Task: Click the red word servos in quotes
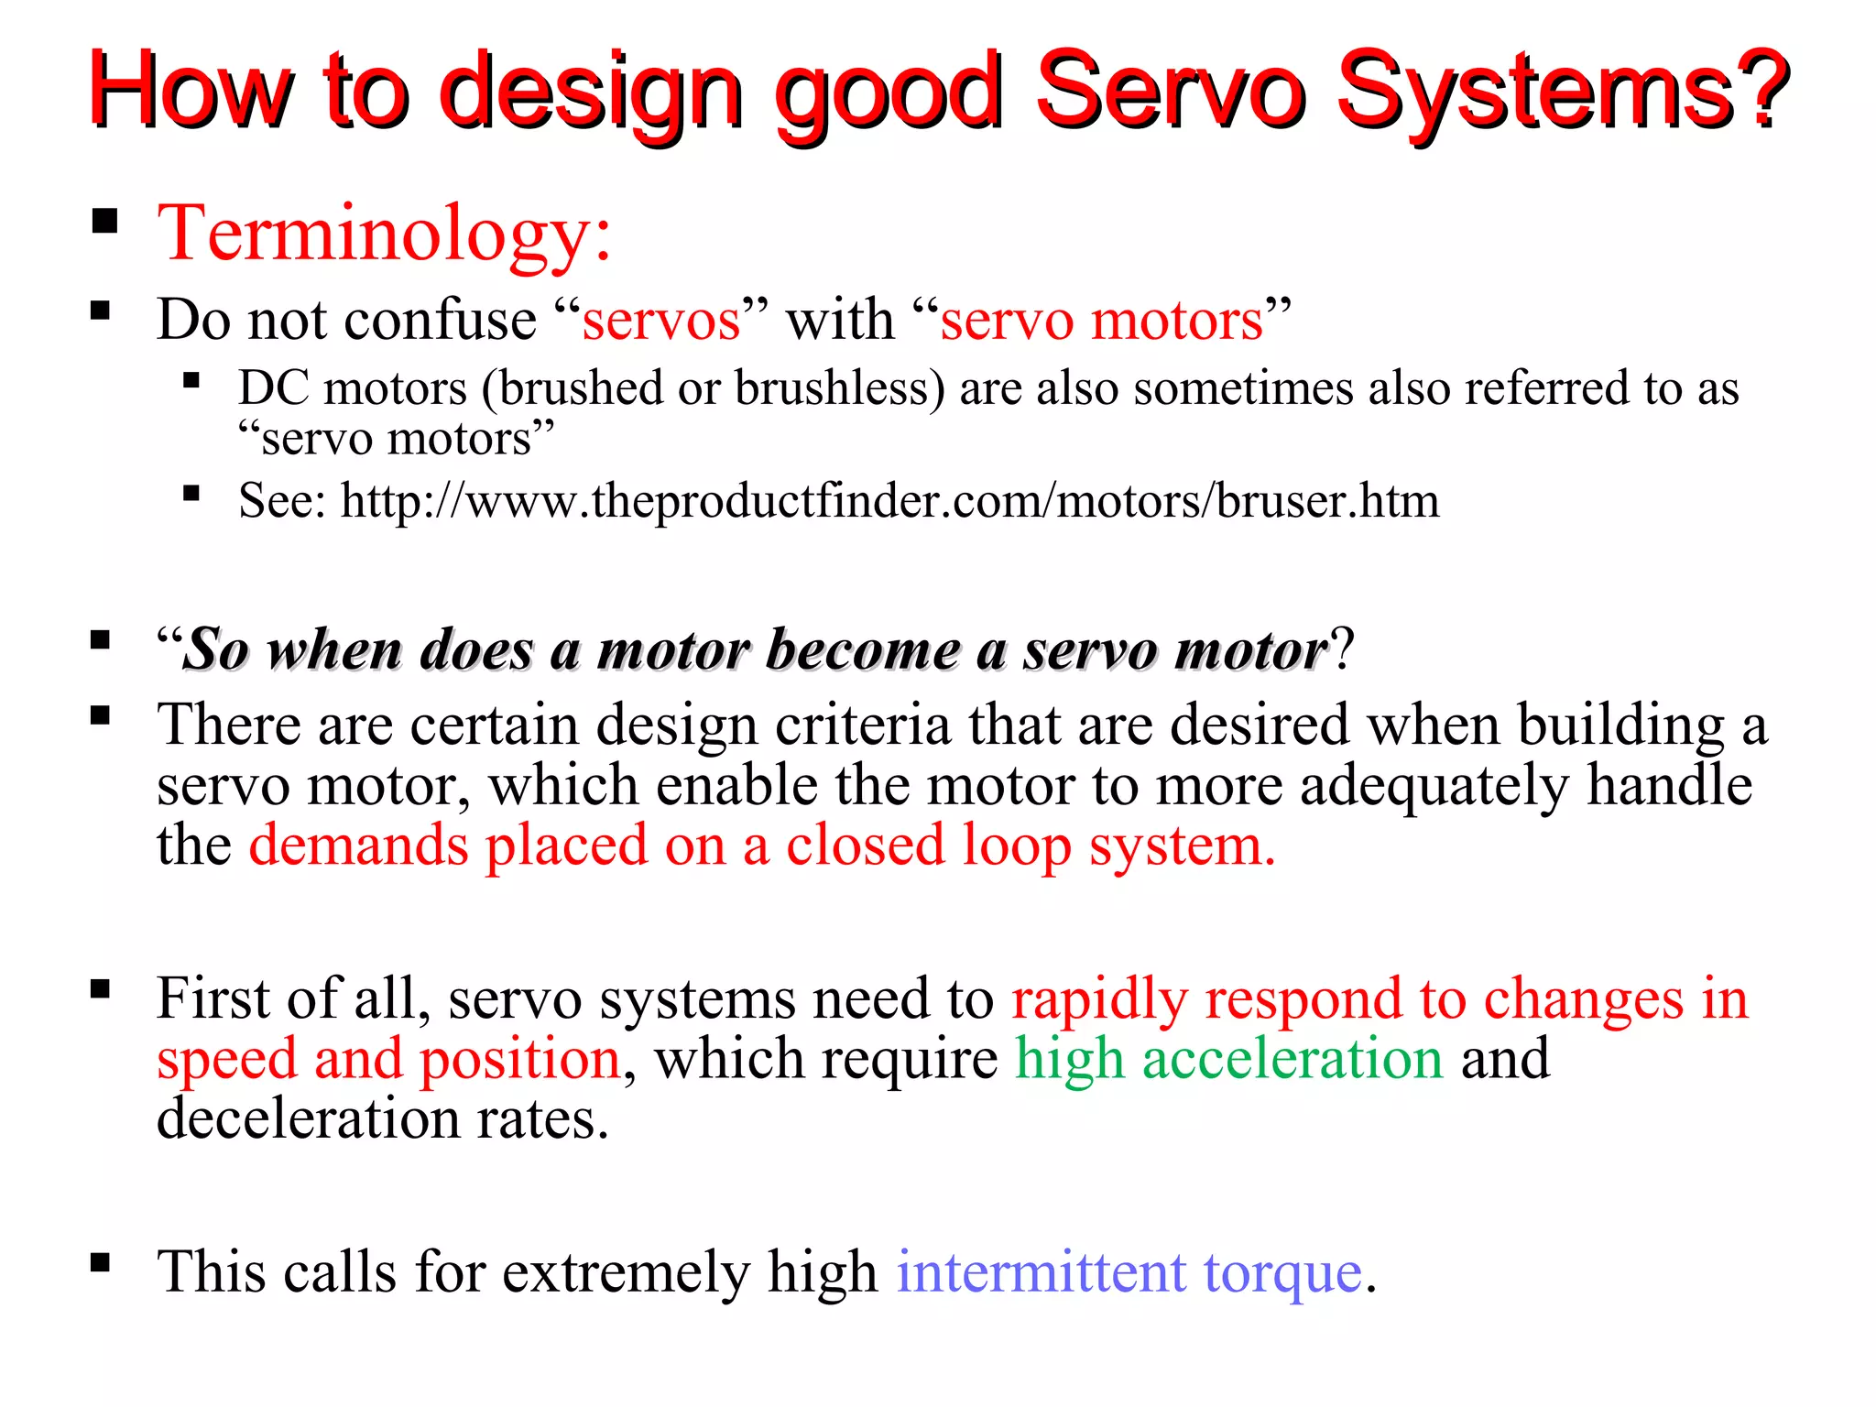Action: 661,322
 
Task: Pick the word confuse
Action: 440,320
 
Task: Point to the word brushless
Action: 839,388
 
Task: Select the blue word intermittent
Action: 1042,1272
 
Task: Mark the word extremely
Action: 626,1272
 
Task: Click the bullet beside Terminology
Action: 105,222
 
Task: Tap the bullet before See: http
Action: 191,495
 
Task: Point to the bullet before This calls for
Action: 101,1263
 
